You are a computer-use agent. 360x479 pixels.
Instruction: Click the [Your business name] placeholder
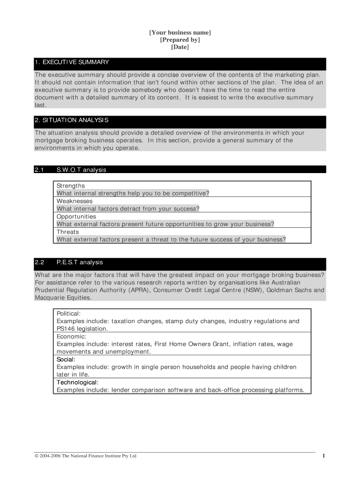point(180,32)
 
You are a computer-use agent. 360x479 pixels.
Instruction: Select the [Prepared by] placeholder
point(180,40)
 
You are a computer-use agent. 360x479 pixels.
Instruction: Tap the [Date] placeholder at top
point(180,47)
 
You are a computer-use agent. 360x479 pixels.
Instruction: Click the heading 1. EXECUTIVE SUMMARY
point(72,62)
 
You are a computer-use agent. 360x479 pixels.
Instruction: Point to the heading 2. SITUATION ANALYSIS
point(72,120)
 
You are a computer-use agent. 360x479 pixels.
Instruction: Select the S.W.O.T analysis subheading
point(81,170)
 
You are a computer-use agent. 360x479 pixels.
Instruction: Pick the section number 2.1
point(39,170)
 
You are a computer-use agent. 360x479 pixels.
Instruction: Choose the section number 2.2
point(39,262)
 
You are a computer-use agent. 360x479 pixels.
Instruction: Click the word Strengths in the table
point(71,186)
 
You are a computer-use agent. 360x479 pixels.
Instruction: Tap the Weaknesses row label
point(74,201)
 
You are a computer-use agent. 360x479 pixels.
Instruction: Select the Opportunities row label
point(76,217)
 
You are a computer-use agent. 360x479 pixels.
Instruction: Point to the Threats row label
point(68,232)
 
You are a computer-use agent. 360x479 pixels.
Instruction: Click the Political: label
point(69,313)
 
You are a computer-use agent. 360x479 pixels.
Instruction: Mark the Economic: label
point(72,336)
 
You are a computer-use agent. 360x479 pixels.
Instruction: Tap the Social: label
point(66,359)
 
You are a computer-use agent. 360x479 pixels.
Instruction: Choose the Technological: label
point(78,382)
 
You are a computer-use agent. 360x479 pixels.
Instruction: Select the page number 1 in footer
point(323,456)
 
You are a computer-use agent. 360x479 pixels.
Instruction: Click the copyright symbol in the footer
point(37,456)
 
